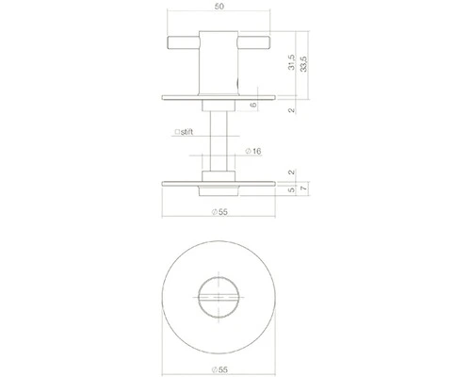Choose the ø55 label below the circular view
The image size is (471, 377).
point(219,365)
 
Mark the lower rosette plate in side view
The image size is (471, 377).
point(219,181)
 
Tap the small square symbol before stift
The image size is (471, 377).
point(176,133)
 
